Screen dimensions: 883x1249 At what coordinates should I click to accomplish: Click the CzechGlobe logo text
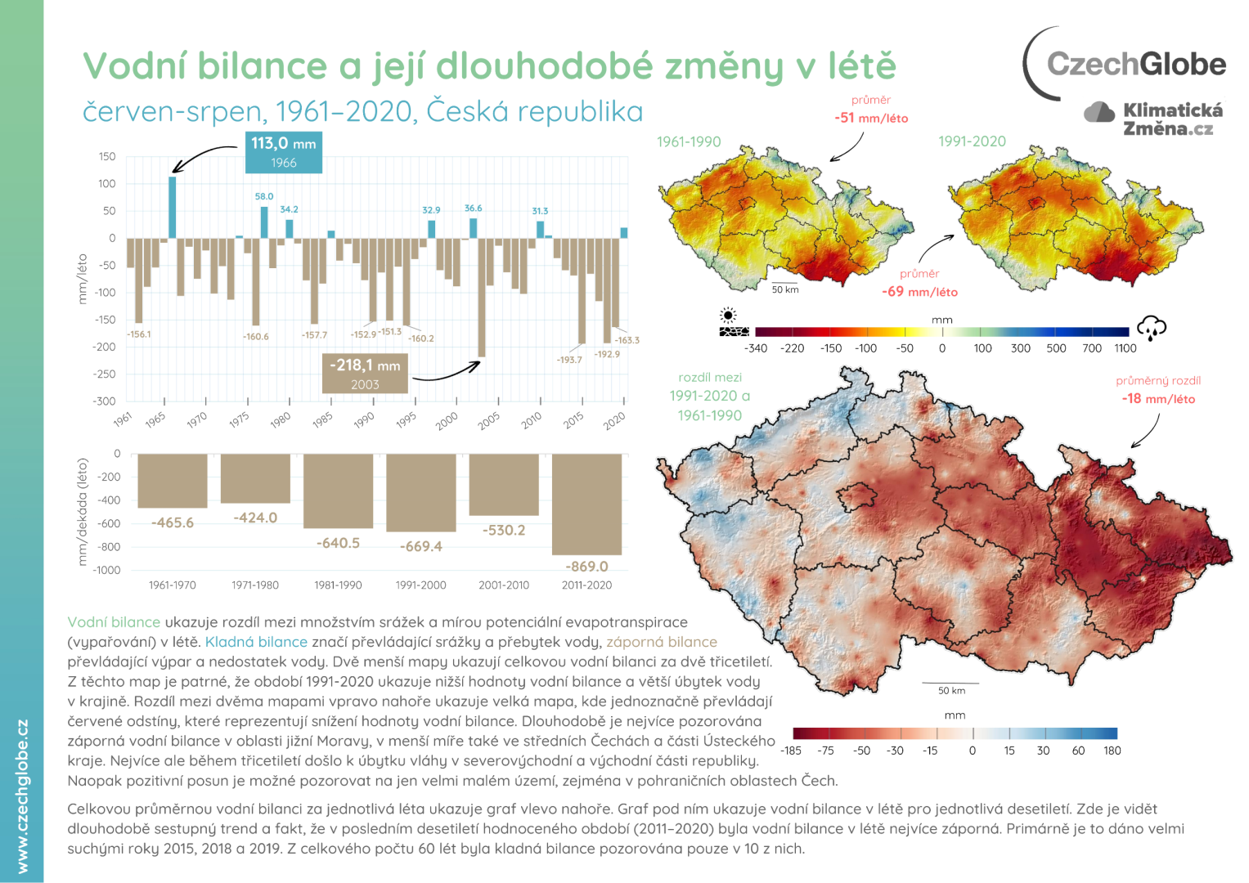(1135, 64)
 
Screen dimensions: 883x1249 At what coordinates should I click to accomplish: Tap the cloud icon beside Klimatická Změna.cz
(1099, 112)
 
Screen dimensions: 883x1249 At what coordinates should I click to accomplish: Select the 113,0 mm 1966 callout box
(283, 152)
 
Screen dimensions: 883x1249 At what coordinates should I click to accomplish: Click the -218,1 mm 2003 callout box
(365, 374)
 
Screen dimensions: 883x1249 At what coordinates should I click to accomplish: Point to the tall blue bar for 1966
(173, 207)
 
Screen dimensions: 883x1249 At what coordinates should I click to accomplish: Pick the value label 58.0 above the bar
(264, 196)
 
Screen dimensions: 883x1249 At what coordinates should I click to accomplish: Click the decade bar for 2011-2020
(586, 504)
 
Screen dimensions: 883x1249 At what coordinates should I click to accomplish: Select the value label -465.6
(173, 522)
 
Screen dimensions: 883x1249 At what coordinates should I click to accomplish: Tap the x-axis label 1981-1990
(338, 585)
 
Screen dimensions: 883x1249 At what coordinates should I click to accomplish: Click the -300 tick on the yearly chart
(105, 401)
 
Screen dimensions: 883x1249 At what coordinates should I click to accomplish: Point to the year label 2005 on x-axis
(488, 420)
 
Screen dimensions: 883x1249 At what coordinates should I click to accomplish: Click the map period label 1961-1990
(689, 141)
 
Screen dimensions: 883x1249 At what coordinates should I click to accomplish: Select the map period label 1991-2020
(972, 141)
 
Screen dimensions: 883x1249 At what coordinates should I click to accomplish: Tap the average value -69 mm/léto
(919, 292)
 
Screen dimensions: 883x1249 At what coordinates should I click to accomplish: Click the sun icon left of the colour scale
(727, 316)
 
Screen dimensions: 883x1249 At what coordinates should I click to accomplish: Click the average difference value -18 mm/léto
(1158, 399)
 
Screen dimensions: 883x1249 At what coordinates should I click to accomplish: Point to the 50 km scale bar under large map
(950, 684)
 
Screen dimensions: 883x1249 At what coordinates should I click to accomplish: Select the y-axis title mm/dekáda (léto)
(82, 512)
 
